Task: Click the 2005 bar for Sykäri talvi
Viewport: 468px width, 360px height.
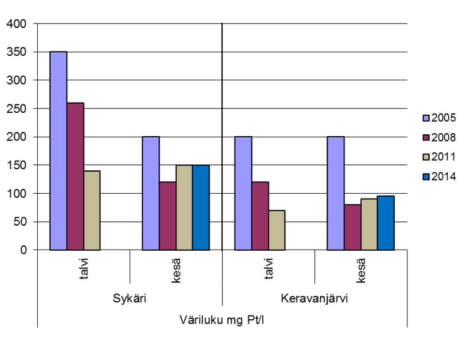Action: (x=58, y=151)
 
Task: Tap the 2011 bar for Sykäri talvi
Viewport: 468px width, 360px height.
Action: (x=92, y=210)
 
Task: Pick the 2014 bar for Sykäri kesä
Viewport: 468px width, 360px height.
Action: (x=201, y=207)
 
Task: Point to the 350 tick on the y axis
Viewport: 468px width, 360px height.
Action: (x=19, y=52)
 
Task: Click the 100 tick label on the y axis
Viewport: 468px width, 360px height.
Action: (x=19, y=193)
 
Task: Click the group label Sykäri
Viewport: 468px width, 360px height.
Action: (x=130, y=298)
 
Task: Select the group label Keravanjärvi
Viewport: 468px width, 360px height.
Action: (x=314, y=298)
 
